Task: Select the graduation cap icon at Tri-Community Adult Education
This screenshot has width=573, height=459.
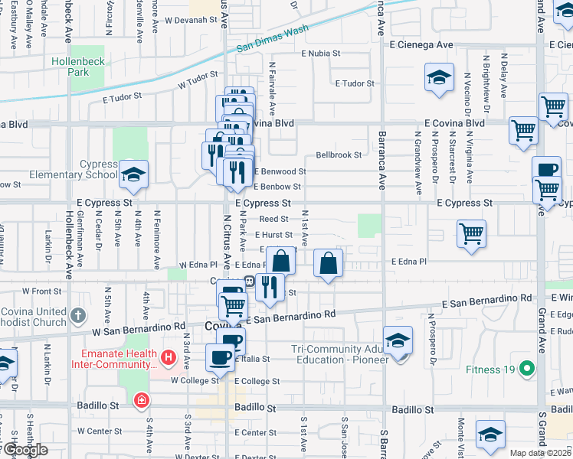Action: click(398, 341)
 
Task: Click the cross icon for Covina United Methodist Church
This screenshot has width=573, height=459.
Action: click(77, 315)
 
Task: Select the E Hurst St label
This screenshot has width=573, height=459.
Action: click(273, 235)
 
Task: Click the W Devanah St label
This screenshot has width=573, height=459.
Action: click(192, 20)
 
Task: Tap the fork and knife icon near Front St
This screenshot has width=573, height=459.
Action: click(268, 287)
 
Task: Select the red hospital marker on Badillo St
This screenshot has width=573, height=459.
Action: click(141, 400)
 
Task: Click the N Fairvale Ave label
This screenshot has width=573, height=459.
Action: click(272, 83)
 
